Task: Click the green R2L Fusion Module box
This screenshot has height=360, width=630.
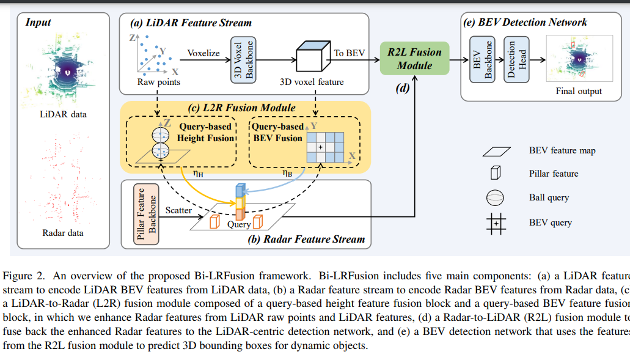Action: [x=414, y=59]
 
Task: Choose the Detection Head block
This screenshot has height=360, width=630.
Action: [x=516, y=59]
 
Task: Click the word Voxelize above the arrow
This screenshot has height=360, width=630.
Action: [x=203, y=53]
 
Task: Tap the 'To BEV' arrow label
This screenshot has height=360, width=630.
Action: [x=350, y=53]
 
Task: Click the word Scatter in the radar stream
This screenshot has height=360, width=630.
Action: [x=178, y=210]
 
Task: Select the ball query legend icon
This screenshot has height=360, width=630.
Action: [x=496, y=197]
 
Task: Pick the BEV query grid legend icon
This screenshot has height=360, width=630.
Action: [x=496, y=222]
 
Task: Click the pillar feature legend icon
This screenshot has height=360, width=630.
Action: [x=495, y=173]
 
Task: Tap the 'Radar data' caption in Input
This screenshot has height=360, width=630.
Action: [x=63, y=233]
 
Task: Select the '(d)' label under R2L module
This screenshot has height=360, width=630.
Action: [x=402, y=87]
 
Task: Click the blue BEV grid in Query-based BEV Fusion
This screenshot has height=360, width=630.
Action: [x=326, y=147]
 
